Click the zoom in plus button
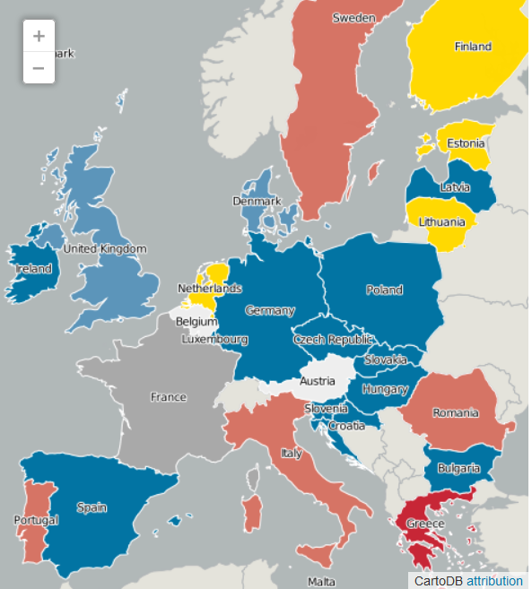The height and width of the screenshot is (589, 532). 39,37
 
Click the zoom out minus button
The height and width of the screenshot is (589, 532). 39,67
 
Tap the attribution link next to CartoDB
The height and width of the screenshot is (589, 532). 493,581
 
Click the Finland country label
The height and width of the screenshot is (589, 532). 473,47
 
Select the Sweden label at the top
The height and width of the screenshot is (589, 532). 353,18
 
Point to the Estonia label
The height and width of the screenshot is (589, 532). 466,143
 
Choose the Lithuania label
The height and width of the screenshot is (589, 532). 441,221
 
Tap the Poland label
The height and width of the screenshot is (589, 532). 384,290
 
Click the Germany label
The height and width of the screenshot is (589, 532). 269,310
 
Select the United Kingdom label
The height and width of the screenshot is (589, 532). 104,248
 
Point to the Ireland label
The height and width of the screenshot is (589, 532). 32,268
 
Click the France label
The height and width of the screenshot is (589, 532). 169,396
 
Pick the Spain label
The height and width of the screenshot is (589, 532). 92,507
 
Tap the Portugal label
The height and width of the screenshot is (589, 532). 36,520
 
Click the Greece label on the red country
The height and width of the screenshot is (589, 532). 425,524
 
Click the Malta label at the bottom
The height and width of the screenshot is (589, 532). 321,582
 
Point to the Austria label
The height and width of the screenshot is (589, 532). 318,380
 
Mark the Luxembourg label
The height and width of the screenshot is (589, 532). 214,340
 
